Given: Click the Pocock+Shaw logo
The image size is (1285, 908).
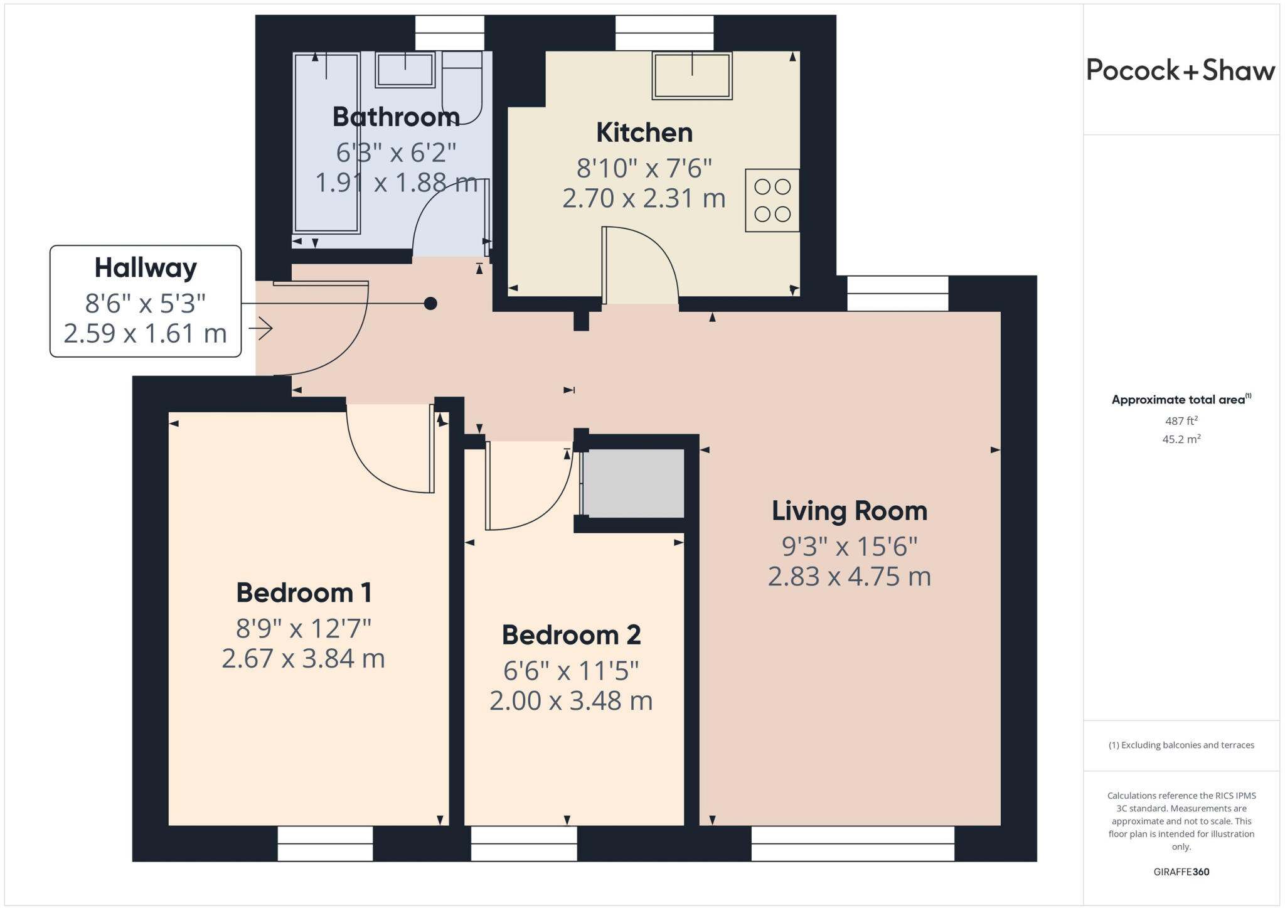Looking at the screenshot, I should (x=1180, y=70).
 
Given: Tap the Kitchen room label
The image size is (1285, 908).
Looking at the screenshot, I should (x=644, y=132).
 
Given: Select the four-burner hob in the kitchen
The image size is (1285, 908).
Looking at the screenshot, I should (x=772, y=200).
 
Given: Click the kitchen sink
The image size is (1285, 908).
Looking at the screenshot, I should (x=692, y=76).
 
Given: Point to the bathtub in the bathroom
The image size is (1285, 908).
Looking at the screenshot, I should (x=326, y=143).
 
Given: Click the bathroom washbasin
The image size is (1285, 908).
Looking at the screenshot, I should (x=405, y=69).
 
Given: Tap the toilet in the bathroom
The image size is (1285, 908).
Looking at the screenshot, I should (x=462, y=88).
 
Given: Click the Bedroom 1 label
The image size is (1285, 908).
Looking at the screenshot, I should (x=304, y=592).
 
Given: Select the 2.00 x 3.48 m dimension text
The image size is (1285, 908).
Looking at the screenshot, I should (x=571, y=700).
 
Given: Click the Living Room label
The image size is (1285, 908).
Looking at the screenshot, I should (x=849, y=511).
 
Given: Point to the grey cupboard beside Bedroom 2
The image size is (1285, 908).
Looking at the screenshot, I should (x=634, y=483).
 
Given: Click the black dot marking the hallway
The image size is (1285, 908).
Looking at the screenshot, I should (x=430, y=304).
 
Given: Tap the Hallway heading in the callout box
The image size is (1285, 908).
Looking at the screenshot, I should (x=146, y=268).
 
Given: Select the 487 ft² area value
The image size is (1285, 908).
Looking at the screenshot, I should (x=1181, y=420).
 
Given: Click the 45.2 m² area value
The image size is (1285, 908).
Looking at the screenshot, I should (x=1181, y=439).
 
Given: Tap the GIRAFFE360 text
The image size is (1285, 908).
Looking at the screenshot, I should (x=1181, y=872).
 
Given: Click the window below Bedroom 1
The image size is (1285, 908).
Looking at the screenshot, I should (x=325, y=843).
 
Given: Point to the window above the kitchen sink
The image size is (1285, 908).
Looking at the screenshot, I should (x=664, y=33).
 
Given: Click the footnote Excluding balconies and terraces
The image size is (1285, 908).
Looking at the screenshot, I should (x=1181, y=745).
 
